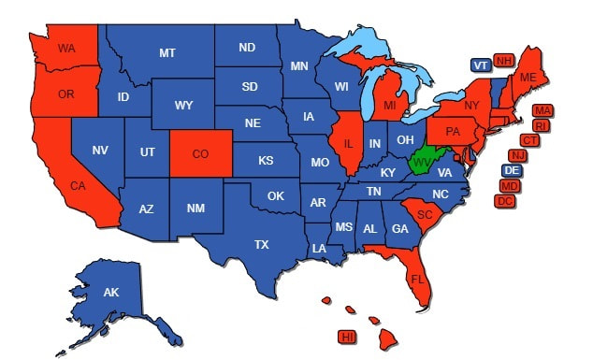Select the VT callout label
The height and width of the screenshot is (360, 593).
[480, 65]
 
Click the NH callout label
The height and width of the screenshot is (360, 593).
[504, 62]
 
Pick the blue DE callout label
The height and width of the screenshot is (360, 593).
[512, 170]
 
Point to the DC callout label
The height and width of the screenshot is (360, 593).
[505, 201]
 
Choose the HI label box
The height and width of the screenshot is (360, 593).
[347, 336]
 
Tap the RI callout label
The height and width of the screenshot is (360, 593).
[541, 125]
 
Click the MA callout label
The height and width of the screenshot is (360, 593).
[542, 110]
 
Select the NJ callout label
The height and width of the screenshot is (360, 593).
[517, 155]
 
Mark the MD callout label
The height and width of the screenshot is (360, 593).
[510, 186]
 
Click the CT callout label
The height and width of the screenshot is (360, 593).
[529, 140]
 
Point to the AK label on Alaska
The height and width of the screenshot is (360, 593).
[111, 293]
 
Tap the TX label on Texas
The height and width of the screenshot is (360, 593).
[262, 244]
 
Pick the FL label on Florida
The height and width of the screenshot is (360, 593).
[417, 279]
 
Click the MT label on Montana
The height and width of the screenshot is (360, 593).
[166, 53]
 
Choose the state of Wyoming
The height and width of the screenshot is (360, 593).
[184, 105]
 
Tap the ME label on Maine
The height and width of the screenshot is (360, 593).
[528, 76]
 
